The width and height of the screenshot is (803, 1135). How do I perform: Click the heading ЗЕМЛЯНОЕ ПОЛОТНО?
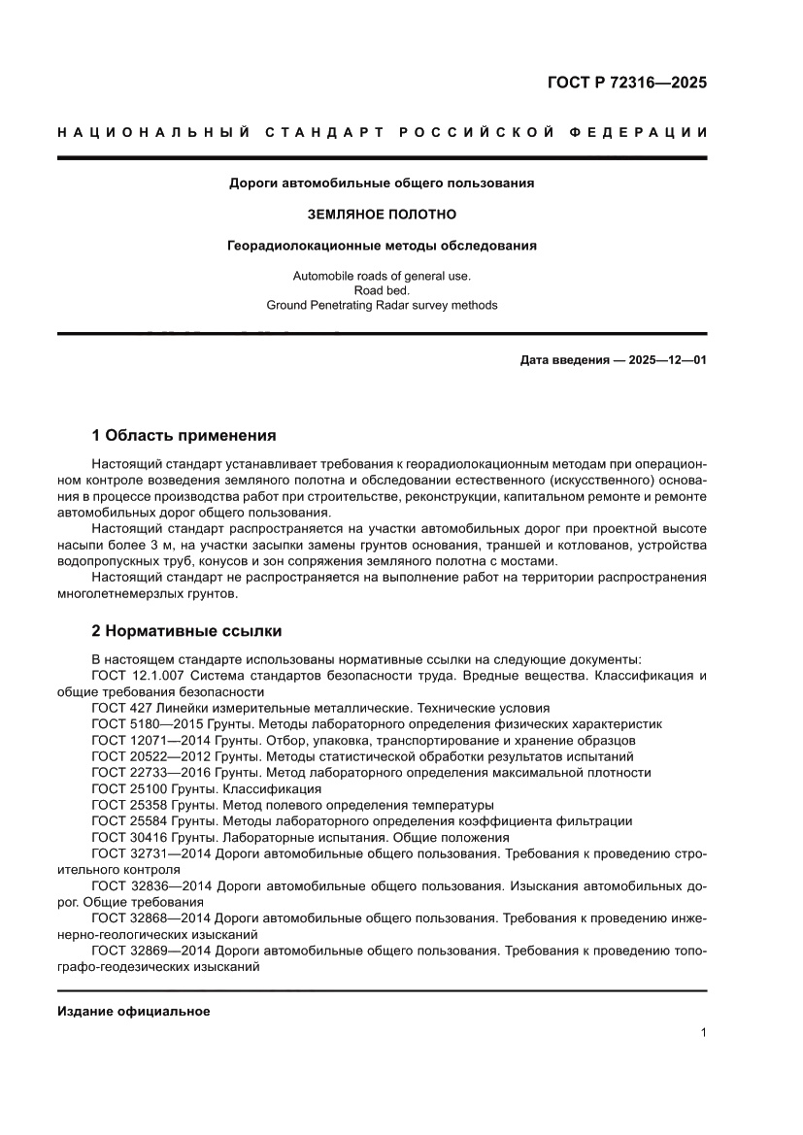[382, 214]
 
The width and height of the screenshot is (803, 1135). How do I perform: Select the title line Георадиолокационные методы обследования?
[382, 246]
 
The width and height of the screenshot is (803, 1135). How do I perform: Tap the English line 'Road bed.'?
[382, 290]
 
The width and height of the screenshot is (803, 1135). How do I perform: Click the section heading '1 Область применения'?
[184, 435]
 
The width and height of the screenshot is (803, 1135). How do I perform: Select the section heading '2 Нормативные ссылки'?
[186, 631]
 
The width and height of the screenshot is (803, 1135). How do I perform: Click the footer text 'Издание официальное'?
[134, 1012]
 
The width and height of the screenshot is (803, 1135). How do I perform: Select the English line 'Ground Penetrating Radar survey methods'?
[382, 305]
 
